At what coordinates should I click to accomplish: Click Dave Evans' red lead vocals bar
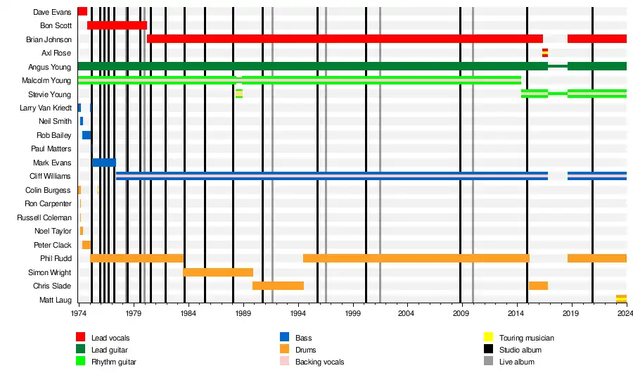pyautogui.click(x=82, y=11)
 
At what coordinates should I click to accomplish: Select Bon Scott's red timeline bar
pyautogui.click(x=117, y=25)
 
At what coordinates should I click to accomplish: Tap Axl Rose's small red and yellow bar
pyautogui.click(x=544, y=53)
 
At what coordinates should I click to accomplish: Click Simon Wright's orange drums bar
pyautogui.click(x=217, y=272)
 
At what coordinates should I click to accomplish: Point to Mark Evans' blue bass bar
pyautogui.click(x=103, y=163)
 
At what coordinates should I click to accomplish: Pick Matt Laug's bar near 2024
pyautogui.click(x=621, y=299)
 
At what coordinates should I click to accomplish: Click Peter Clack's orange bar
pyautogui.click(x=86, y=245)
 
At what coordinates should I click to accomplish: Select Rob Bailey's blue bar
pyautogui.click(x=86, y=135)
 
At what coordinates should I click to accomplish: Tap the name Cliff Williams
pyautogui.click(x=50, y=176)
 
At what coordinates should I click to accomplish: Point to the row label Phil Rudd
pyautogui.click(x=56, y=259)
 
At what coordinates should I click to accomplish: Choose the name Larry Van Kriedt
pyautogui.click(x=45, y=108)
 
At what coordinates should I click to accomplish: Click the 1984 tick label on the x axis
pyautogui.click(x=186, y=313)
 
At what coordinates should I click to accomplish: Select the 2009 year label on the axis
pyautogui.click(x=460, y=313)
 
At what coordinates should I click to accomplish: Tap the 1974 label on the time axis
pyautogui.click(x=77, y=313)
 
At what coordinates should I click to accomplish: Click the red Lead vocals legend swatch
pyautogui.click(x=81, y=338)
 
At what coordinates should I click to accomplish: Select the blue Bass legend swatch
pyautogui.click(x=285, y=338)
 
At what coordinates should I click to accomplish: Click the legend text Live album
pyautogui.click(x=517, y=362)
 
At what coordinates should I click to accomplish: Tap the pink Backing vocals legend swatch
pyautogui.click(x=285, y=362)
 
